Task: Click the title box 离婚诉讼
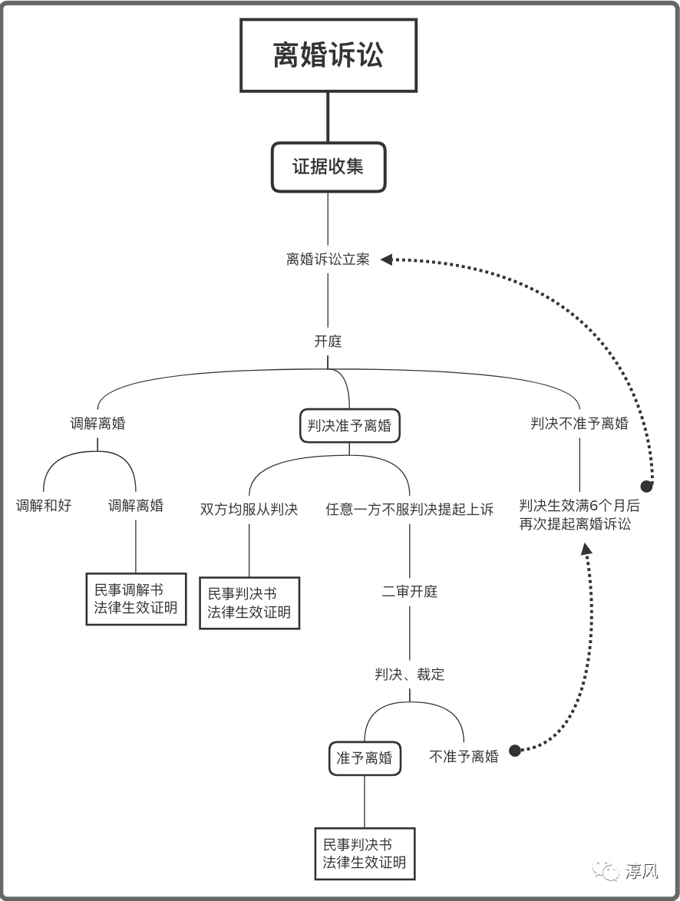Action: coord(328,55)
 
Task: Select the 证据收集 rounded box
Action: coord(328,167)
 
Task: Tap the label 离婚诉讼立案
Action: coord(328,259)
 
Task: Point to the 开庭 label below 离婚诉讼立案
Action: coord(328,342)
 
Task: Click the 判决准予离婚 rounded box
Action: coord(349,425)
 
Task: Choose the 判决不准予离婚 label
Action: coord(579,424)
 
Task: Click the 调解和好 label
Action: coord(44,506)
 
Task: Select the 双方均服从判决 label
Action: coord(249,509)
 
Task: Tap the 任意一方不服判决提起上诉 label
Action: coord(409,509)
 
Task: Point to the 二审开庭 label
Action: coord(409,592)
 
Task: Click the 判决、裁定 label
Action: coord(409,675)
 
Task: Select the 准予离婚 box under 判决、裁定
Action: coord(365,758)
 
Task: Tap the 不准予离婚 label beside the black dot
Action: coord(464,757)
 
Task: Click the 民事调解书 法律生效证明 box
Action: coord(136,599)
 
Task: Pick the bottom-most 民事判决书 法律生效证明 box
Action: coord(365,853)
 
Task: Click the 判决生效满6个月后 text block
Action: coord(579,515)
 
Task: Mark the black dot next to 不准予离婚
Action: coord(515,751)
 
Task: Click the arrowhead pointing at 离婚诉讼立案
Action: coord(386,259)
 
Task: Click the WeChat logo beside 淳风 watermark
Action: coord(611,871)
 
